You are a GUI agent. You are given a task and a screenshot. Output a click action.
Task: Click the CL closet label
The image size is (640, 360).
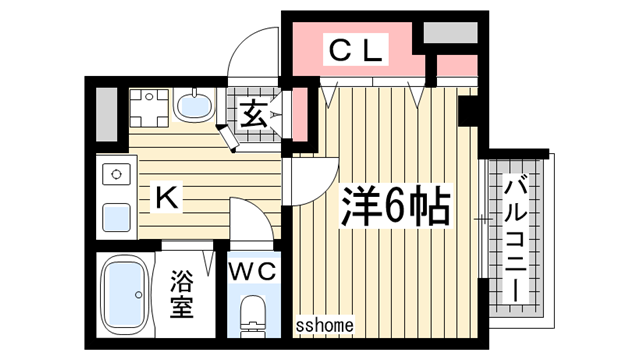tap(356, 51)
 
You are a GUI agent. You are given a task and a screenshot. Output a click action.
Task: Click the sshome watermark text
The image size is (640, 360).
tap(326, 325)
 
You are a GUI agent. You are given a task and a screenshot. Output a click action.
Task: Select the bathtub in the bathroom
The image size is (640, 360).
tap(126, 295)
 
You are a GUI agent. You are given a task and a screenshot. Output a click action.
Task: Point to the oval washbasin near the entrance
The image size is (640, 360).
tap(192, 103)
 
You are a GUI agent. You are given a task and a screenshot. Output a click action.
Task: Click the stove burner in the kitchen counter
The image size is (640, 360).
tap(116, 176)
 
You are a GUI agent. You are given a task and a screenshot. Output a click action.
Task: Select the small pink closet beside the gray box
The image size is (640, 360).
tap(457, 67)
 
